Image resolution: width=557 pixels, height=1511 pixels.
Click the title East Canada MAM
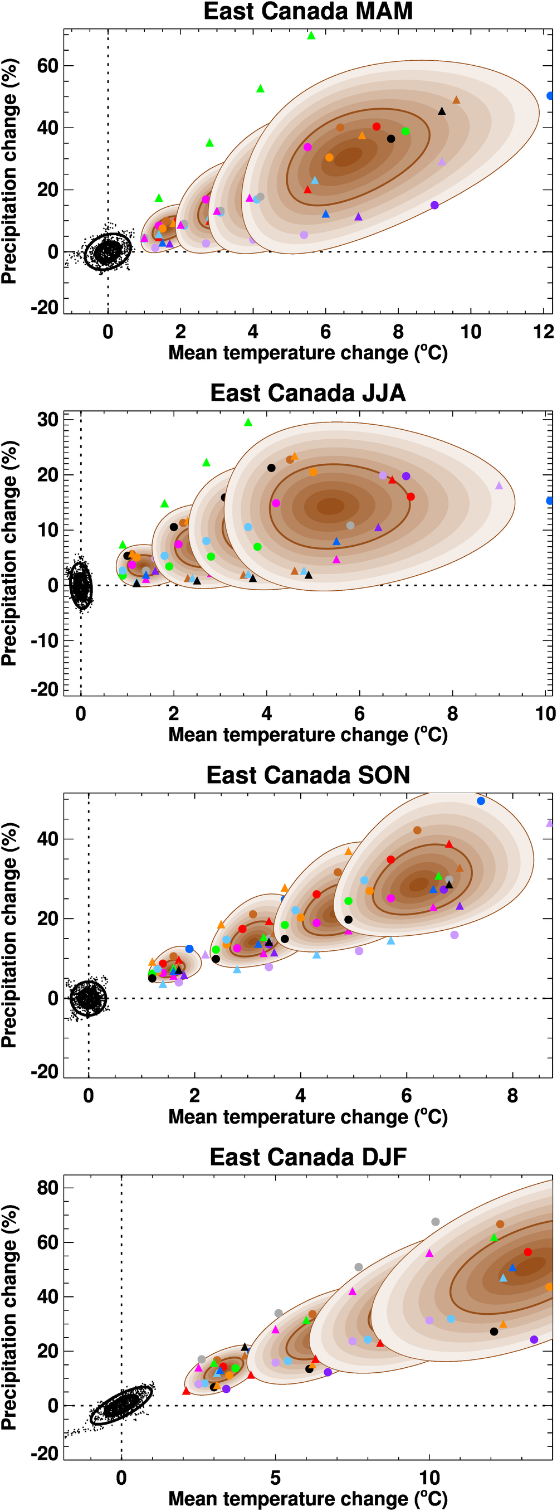coord(308,12)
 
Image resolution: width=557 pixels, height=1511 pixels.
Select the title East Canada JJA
coord(308,393)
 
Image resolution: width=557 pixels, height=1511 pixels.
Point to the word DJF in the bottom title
coord(384,1157)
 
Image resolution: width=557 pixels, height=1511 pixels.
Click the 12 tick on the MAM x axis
coord(544,332)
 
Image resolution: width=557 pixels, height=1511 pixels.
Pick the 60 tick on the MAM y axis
coord(47,66)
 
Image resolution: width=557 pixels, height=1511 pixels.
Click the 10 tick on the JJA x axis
coord(545,714)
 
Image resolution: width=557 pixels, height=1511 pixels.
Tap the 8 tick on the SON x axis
coord(512,1096)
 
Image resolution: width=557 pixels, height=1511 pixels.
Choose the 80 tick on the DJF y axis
coord(47,1188)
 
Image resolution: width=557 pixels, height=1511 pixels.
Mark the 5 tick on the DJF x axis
coord(275,1478)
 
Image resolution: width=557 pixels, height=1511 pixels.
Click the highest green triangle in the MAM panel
coord(311,36)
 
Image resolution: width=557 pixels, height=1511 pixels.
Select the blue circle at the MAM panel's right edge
coord(550,96)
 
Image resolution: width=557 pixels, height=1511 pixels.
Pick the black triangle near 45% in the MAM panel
coord(442,111)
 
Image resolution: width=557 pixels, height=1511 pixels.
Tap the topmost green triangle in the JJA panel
coord(248,422)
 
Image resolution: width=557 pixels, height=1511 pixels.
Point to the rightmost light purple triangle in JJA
coord(499,485)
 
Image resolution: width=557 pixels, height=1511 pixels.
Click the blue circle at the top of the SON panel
coord(481,801)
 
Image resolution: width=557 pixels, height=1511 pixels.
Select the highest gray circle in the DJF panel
coord(435,1222)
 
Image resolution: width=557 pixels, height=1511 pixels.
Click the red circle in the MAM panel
coord(377,127)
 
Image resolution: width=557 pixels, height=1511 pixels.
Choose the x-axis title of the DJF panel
coord(308,1499)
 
